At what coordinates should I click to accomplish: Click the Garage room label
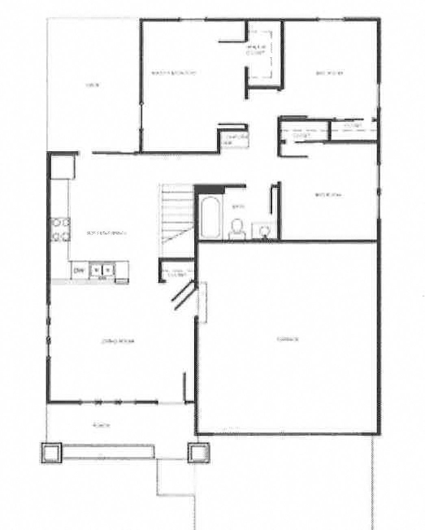288,339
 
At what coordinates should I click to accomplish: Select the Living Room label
117,341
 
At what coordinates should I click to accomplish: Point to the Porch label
102,426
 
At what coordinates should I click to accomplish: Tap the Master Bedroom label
174,74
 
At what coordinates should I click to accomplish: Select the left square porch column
52,452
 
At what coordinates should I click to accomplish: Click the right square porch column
199,452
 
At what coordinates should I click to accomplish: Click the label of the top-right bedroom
330,74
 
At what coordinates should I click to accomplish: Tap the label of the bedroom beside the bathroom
328,195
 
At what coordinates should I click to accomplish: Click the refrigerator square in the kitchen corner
62,167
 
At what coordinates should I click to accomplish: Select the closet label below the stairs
176,275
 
